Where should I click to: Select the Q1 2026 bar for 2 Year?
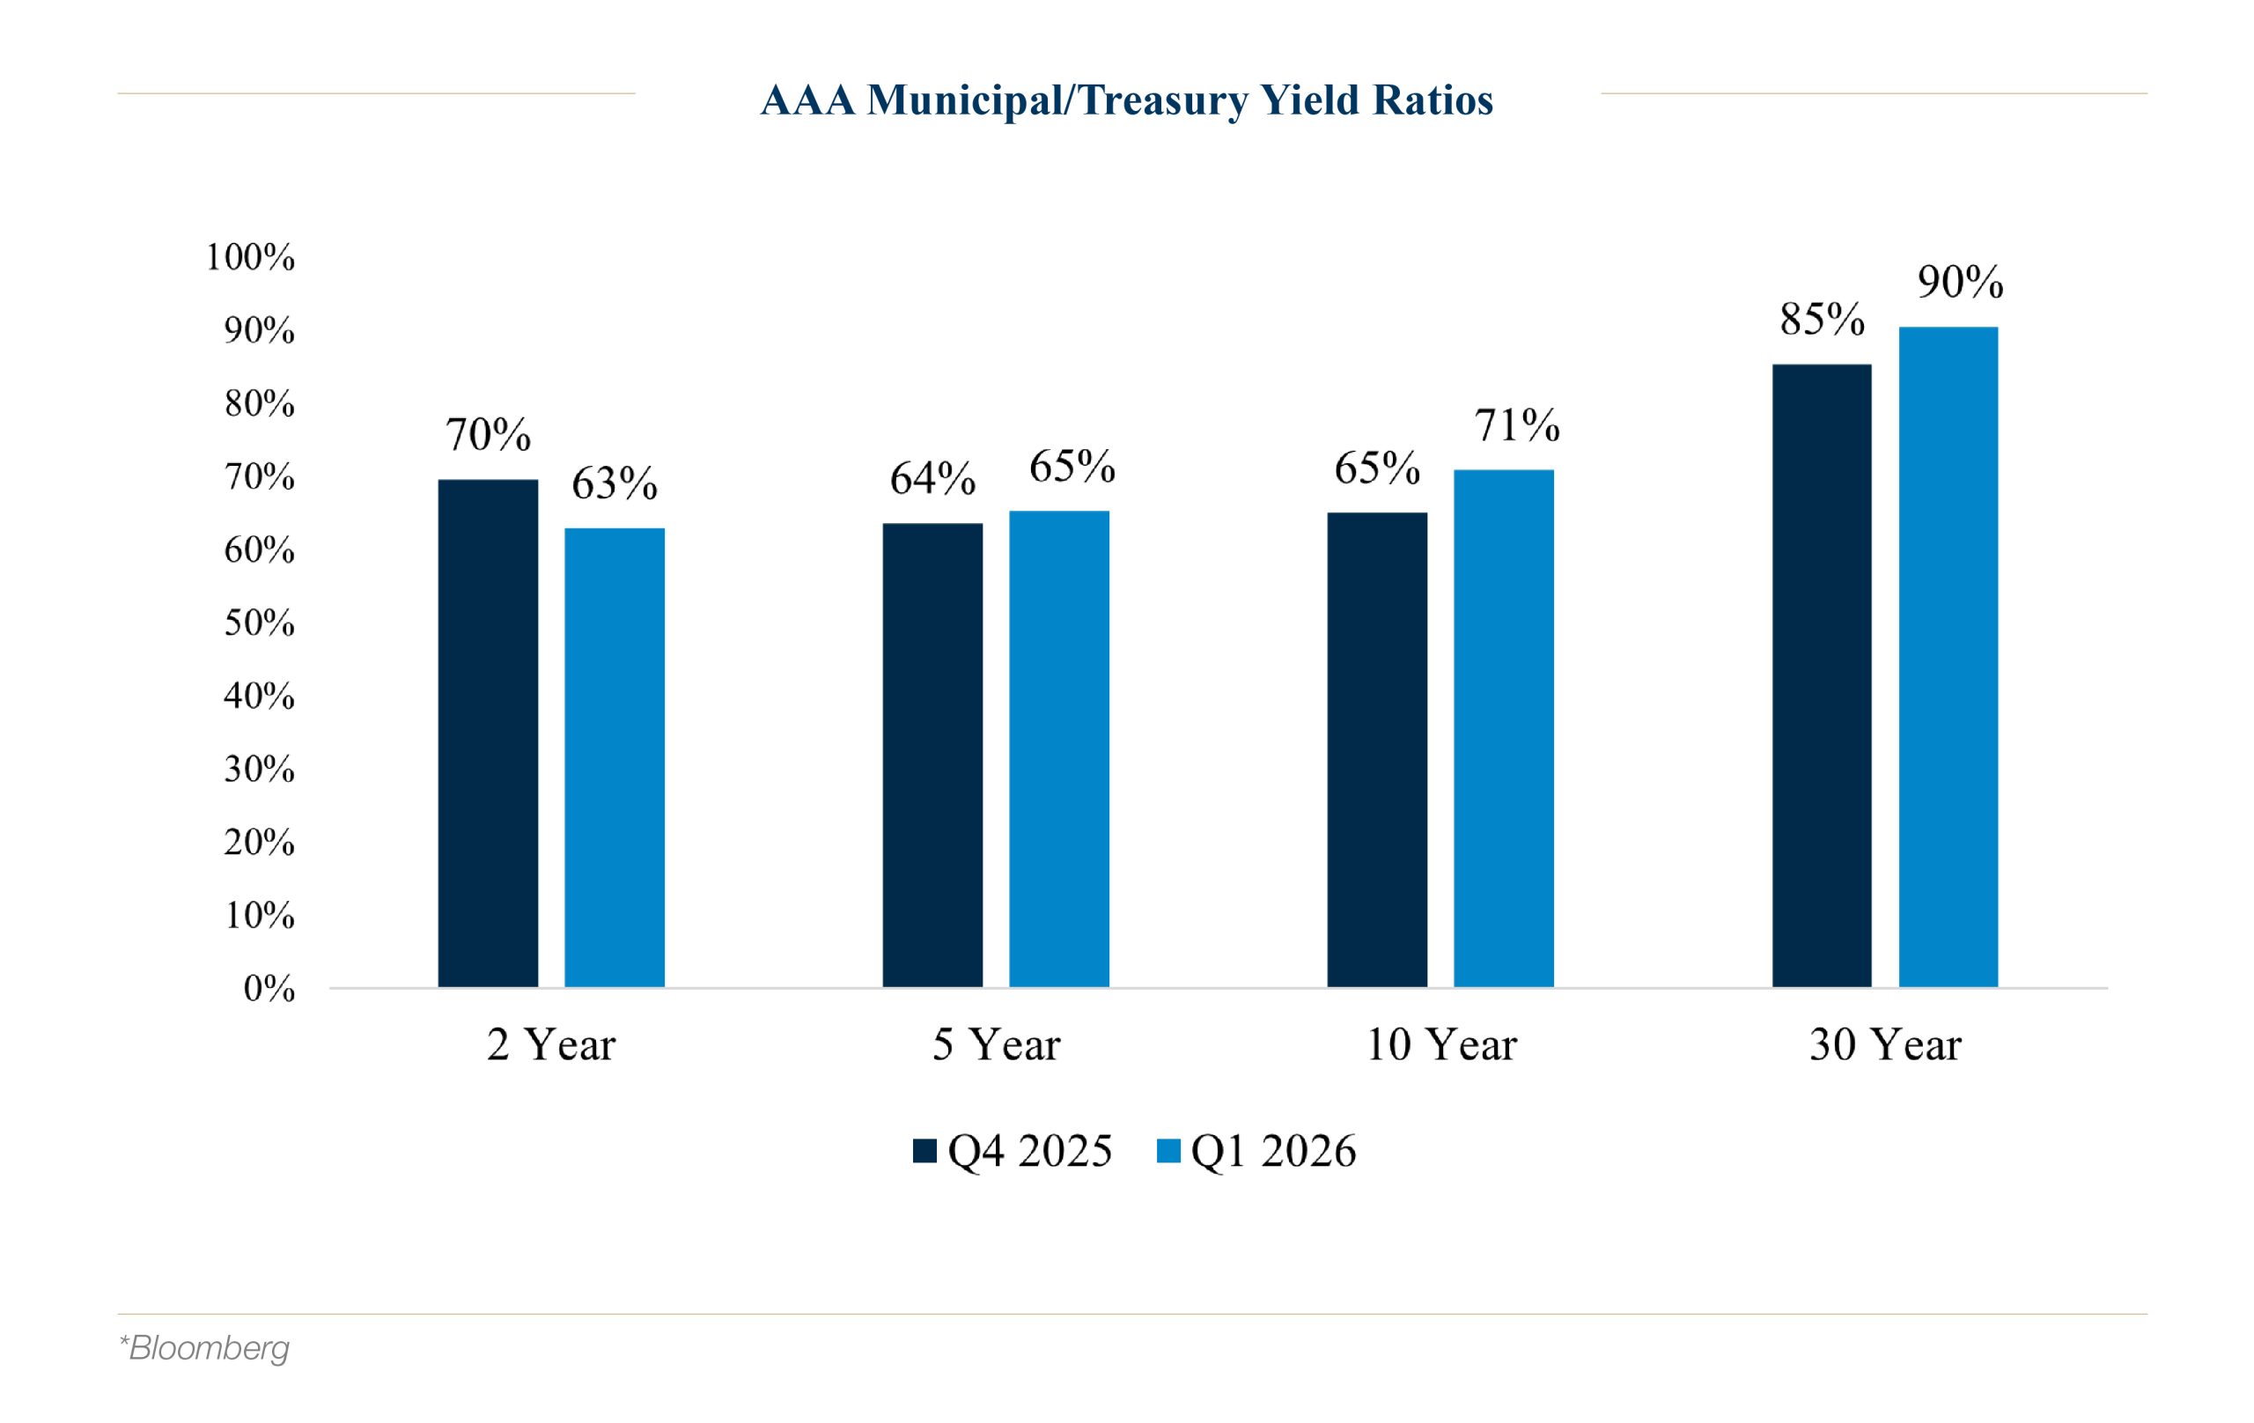[614, 757]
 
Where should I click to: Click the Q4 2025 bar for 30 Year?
[1822, 675]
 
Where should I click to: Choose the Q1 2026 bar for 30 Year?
[1948, 656]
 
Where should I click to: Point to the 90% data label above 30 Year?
[1960, 282]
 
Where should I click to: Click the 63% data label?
[614, 484]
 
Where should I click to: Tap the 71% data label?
[1516, 425]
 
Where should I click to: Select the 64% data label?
[932, 478]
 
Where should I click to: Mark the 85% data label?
[1822, 320]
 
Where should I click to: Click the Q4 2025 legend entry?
[1013, 1151]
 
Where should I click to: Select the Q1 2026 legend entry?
[1256, 1151]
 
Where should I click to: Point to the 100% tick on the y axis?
[250, 257]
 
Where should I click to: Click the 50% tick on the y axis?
[259, 623]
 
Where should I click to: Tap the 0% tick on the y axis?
[269, 989]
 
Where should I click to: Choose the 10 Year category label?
[1440, 1044]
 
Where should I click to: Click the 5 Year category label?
[996, 1044]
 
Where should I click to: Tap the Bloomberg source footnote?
[204, 1348]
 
